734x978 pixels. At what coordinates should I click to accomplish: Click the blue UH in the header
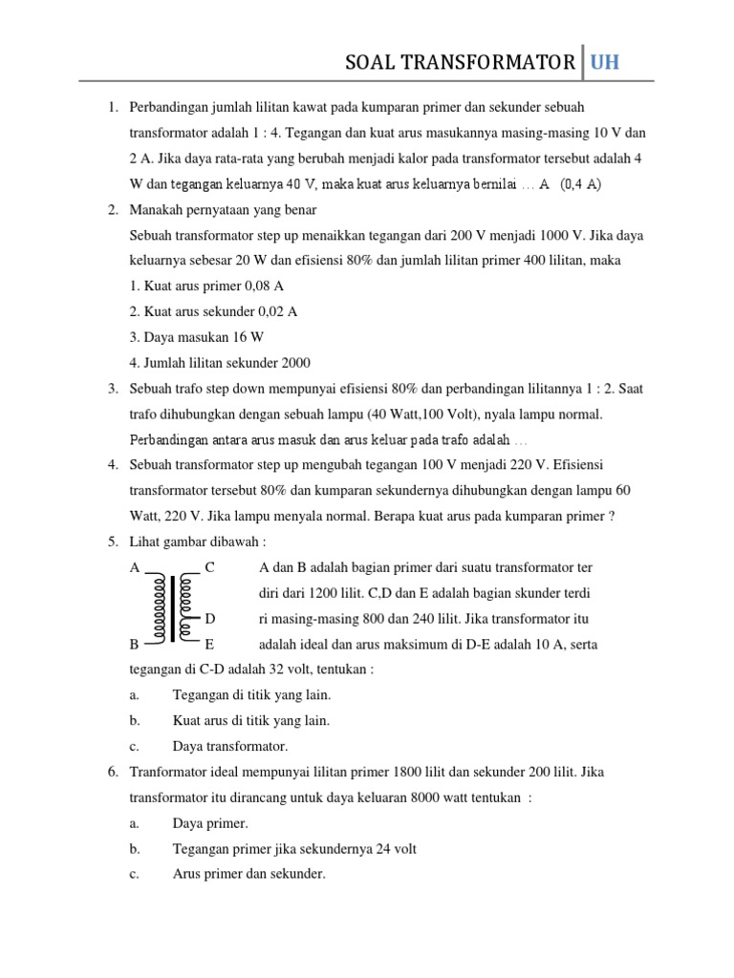[x=605, y=63]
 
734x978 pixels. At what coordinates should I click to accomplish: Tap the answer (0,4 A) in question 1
[x=580, y=183]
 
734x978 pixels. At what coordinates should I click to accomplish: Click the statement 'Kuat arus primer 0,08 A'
[x=206, y=286]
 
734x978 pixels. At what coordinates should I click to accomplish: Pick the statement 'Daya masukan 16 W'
[x=196, y=337]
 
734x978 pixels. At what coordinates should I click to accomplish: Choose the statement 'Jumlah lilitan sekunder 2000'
[x=219, y=363]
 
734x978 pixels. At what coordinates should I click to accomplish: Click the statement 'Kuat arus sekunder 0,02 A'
[x=213, y=311]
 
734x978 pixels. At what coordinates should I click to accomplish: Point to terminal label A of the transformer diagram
[x=135, y=567]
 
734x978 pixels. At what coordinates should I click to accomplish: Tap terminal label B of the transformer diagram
[x=135, y=645]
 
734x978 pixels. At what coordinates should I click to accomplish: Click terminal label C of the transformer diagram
[x=209, y=567]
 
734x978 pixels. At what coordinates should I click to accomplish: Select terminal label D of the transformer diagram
[x=210, y=619]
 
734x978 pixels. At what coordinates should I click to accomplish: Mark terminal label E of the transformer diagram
[x=209, y=645]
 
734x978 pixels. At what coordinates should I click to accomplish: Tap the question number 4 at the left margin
[x=112, y=465]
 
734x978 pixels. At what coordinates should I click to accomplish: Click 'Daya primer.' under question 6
[x=209, y=822]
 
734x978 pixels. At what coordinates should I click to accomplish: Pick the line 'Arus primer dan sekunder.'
[x=248, y=873]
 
